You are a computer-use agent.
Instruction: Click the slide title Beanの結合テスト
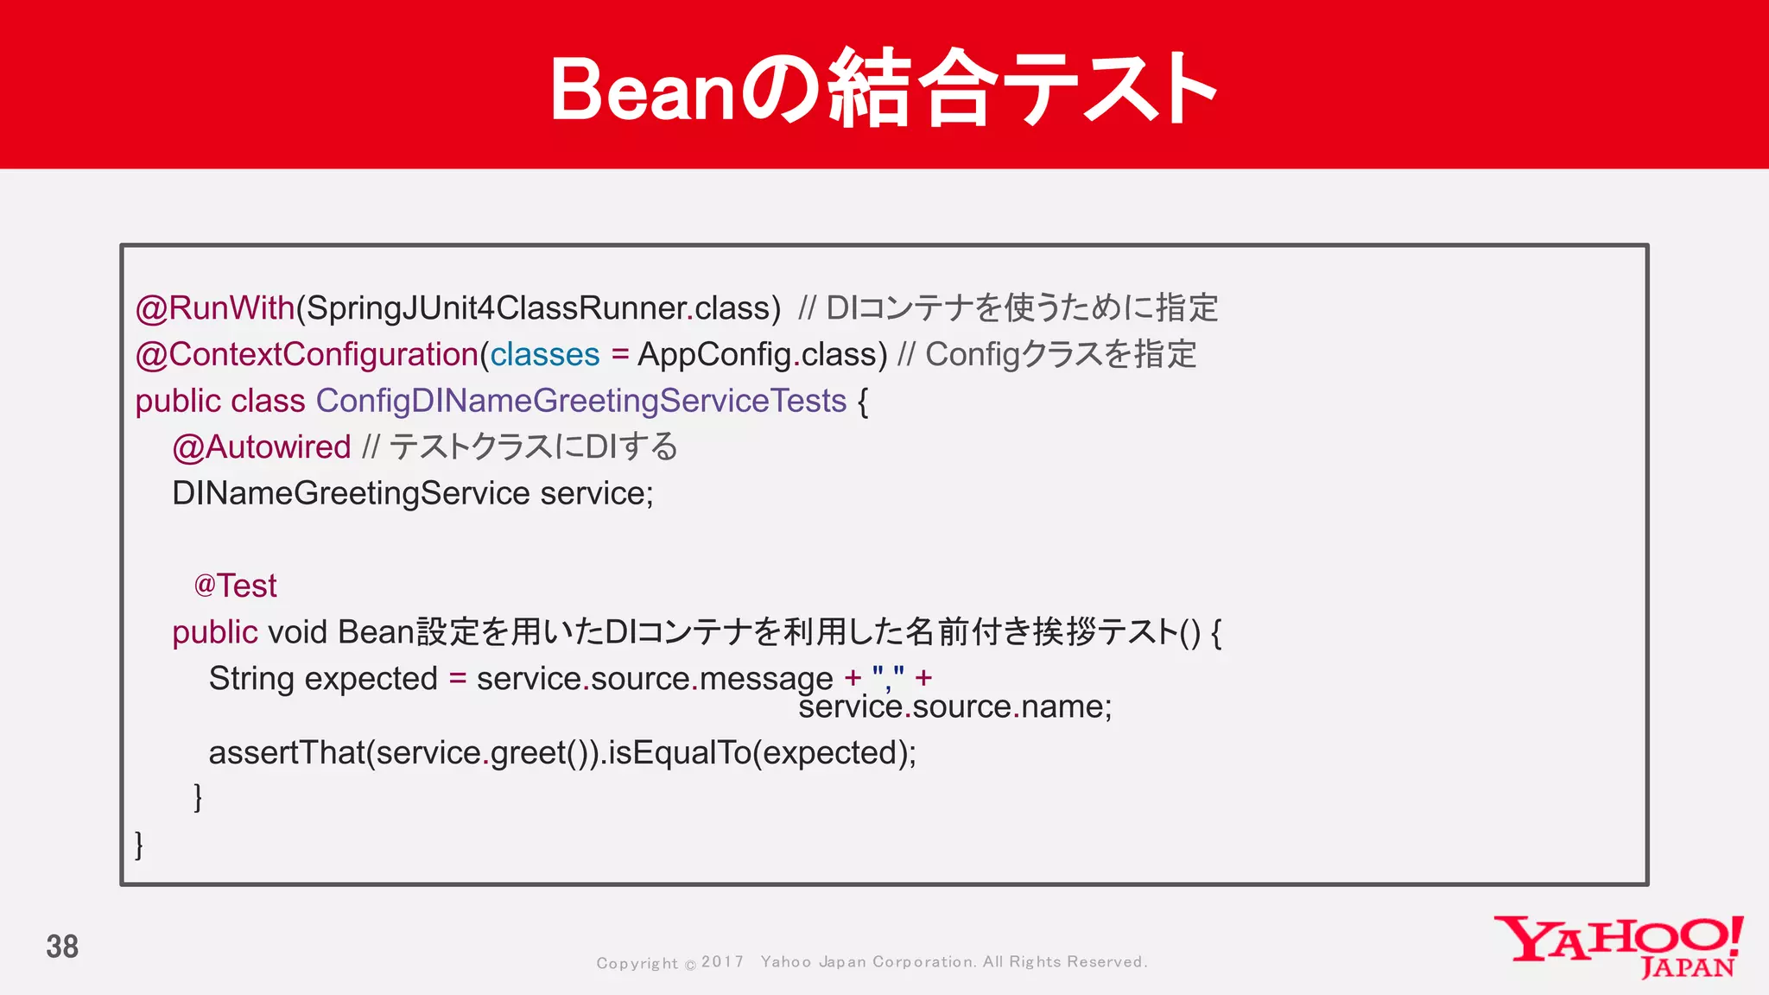[x=883, y=88]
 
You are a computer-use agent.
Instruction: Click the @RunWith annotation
[x=215, y=308]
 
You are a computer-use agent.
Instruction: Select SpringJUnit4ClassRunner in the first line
[x=496, y=308]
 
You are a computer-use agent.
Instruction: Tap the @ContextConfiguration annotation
[x=307, y=355]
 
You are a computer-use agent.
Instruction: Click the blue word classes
[x=545, y=355]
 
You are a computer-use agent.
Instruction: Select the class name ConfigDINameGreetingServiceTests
[x=580, y=402]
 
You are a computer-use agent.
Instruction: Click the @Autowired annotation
[x=262, y=447]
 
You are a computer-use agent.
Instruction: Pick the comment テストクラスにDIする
[x=533, y=447]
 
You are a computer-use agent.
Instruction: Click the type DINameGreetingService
[x=351, y=494]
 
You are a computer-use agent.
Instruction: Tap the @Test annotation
[x=235, y=586]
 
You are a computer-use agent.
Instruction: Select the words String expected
[x=323, y=679]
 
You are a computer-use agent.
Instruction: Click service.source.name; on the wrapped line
[x=954, y=707]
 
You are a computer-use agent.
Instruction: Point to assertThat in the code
[x=287, y=753]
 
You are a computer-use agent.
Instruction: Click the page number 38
[x=62, y=947]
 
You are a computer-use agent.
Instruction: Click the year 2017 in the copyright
[x=722, y=962]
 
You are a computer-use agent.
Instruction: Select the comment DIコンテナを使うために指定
[x=1021, y=308]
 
